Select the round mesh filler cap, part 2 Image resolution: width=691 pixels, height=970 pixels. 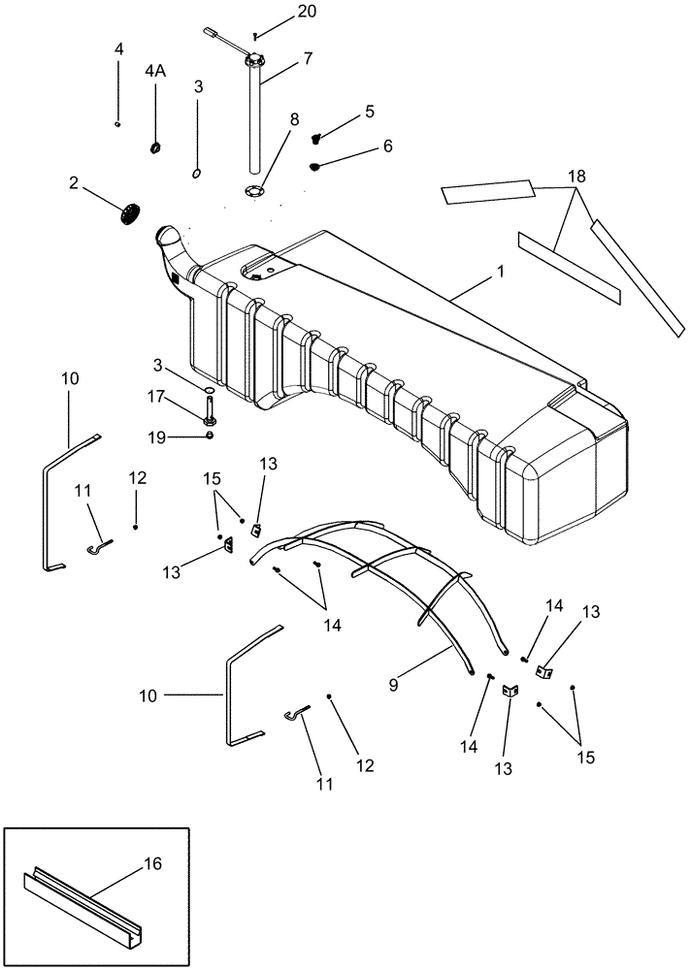click(132, 212)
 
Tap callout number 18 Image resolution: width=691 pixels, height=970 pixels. click(576, 178)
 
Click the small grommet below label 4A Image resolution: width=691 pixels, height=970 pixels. click(155, 147)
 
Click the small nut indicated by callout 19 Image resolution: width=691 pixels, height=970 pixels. click(210, 436)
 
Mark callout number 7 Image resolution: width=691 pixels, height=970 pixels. click(307, 58)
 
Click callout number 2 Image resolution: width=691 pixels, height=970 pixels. click(74, 181)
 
